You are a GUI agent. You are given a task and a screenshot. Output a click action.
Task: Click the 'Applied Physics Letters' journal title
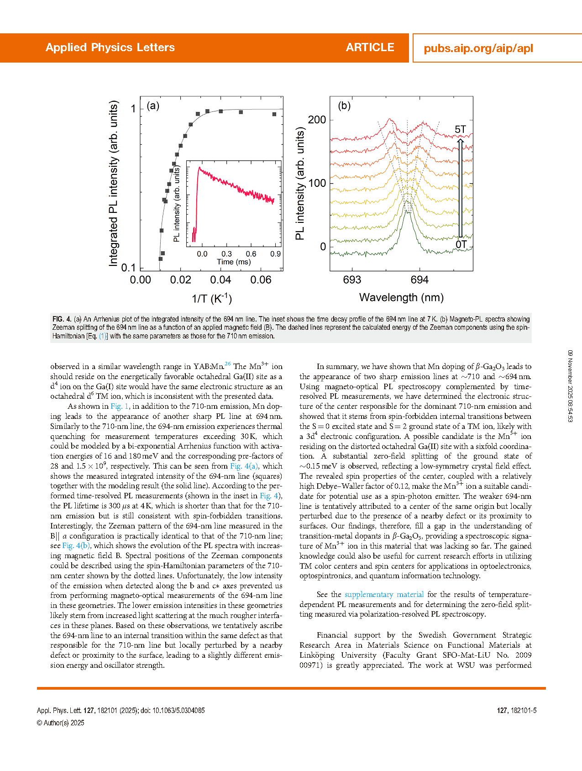(110, 48)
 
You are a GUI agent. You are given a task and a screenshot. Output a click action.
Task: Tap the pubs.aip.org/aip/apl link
(478, 48)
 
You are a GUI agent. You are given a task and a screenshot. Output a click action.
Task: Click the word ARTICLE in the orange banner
(370, 48)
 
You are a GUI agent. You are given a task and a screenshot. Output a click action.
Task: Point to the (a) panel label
(153, 106)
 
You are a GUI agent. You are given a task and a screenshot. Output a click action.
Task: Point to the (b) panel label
(344, 106)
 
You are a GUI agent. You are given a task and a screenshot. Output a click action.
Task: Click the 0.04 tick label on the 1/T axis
(220, 280)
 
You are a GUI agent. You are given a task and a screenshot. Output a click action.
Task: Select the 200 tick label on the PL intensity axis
(317, 120)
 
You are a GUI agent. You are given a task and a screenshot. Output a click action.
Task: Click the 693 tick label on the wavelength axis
(352, 280)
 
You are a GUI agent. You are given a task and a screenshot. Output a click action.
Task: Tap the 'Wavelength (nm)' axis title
(401, 298)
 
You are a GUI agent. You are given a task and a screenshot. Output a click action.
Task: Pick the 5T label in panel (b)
(460, 130)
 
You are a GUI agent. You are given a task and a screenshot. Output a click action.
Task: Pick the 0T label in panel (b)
(461, 244)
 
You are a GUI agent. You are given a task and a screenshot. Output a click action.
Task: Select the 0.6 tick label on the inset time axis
(251, 254)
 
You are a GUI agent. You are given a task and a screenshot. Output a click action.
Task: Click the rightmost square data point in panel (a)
(274, 114)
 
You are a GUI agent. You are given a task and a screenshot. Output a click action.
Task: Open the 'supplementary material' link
(384, 595)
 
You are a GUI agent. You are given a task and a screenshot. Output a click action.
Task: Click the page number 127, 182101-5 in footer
(517, 711)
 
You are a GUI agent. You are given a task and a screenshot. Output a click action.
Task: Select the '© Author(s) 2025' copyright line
(60, 723)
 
